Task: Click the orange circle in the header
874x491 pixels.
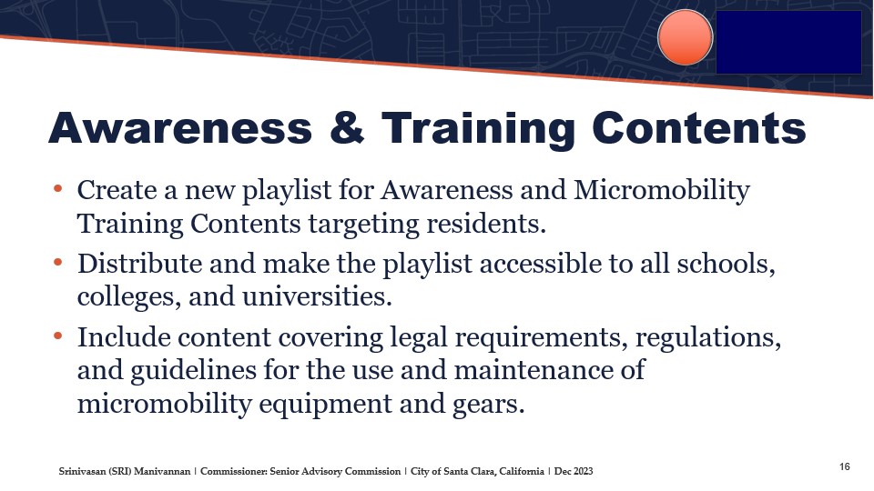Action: [x=685, y=37]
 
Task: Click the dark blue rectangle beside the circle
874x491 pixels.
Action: [x=788, y=43]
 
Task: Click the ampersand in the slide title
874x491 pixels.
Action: [x=347, y=127]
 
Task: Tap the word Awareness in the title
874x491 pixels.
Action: [x=180, y=127]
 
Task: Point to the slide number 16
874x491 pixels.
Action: [x=845, y=466]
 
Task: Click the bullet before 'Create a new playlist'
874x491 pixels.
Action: [x=57, y=189]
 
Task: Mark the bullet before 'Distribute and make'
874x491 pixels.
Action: [x=57, y=262]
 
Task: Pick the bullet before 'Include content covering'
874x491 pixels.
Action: [x=57, y=336]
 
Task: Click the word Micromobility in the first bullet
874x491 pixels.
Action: [x=662, y=191]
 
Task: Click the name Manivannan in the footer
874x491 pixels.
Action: [x=162, y=472]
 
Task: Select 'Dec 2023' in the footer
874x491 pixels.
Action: [x=574, y=472]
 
